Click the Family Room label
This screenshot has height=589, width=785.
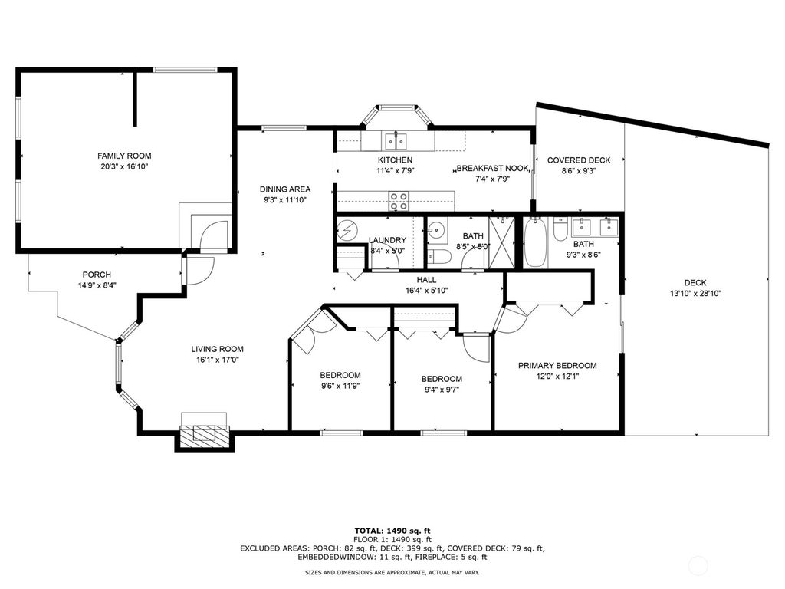click(124, 156)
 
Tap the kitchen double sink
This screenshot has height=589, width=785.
click(396, 141)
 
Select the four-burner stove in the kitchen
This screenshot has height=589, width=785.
click(399, 201)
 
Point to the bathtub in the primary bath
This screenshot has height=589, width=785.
click(535, 242)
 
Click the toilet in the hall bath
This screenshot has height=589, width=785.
click(440, 256)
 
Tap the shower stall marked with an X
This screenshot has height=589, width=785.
click(501, 242)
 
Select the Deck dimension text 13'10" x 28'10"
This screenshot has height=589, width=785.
click(695, 294)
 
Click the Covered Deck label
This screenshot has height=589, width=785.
click(579, 160)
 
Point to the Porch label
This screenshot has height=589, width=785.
click(97, 275)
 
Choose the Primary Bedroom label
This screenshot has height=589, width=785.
click(557, 366)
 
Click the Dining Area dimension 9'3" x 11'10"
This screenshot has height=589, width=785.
click(285, 200)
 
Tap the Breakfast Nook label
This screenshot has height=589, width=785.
click(493, 168)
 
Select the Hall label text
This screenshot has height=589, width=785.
click(426, 280)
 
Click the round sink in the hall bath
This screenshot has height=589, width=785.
click(436, 231)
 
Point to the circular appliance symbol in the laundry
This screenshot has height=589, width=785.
click(347, 229)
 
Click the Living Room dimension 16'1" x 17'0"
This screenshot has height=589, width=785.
click(217, 360)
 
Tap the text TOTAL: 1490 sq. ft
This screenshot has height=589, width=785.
click(392, 531)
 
